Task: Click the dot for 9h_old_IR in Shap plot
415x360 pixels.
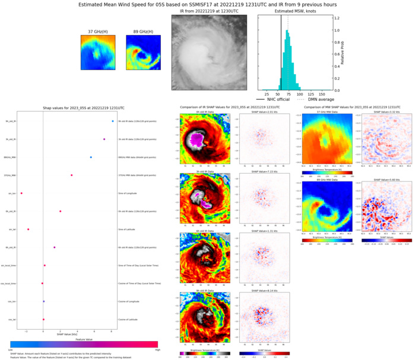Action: [112, 122]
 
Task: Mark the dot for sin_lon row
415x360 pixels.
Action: [21, 193]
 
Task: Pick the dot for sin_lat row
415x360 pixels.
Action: [28, 229]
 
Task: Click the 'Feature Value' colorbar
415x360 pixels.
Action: [84, 344]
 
